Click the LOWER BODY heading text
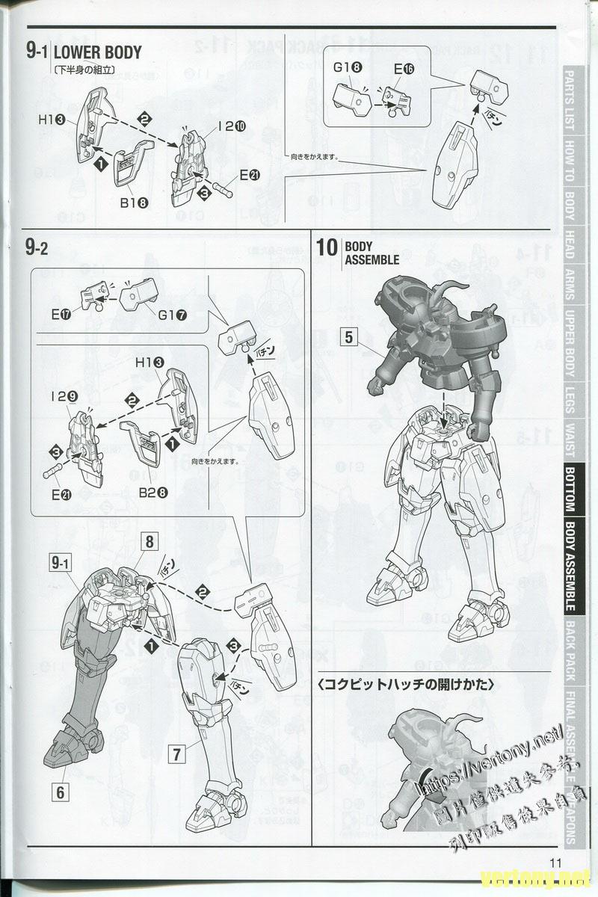[x=97, y=52]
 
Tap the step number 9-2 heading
[x=37, y=249]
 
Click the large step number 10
[x=327, y=247]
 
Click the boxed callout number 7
[x=176, y=754]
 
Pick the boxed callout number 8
[x=149, y=541]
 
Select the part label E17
[x=61, y=313]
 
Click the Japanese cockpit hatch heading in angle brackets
[x=407, y=683]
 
